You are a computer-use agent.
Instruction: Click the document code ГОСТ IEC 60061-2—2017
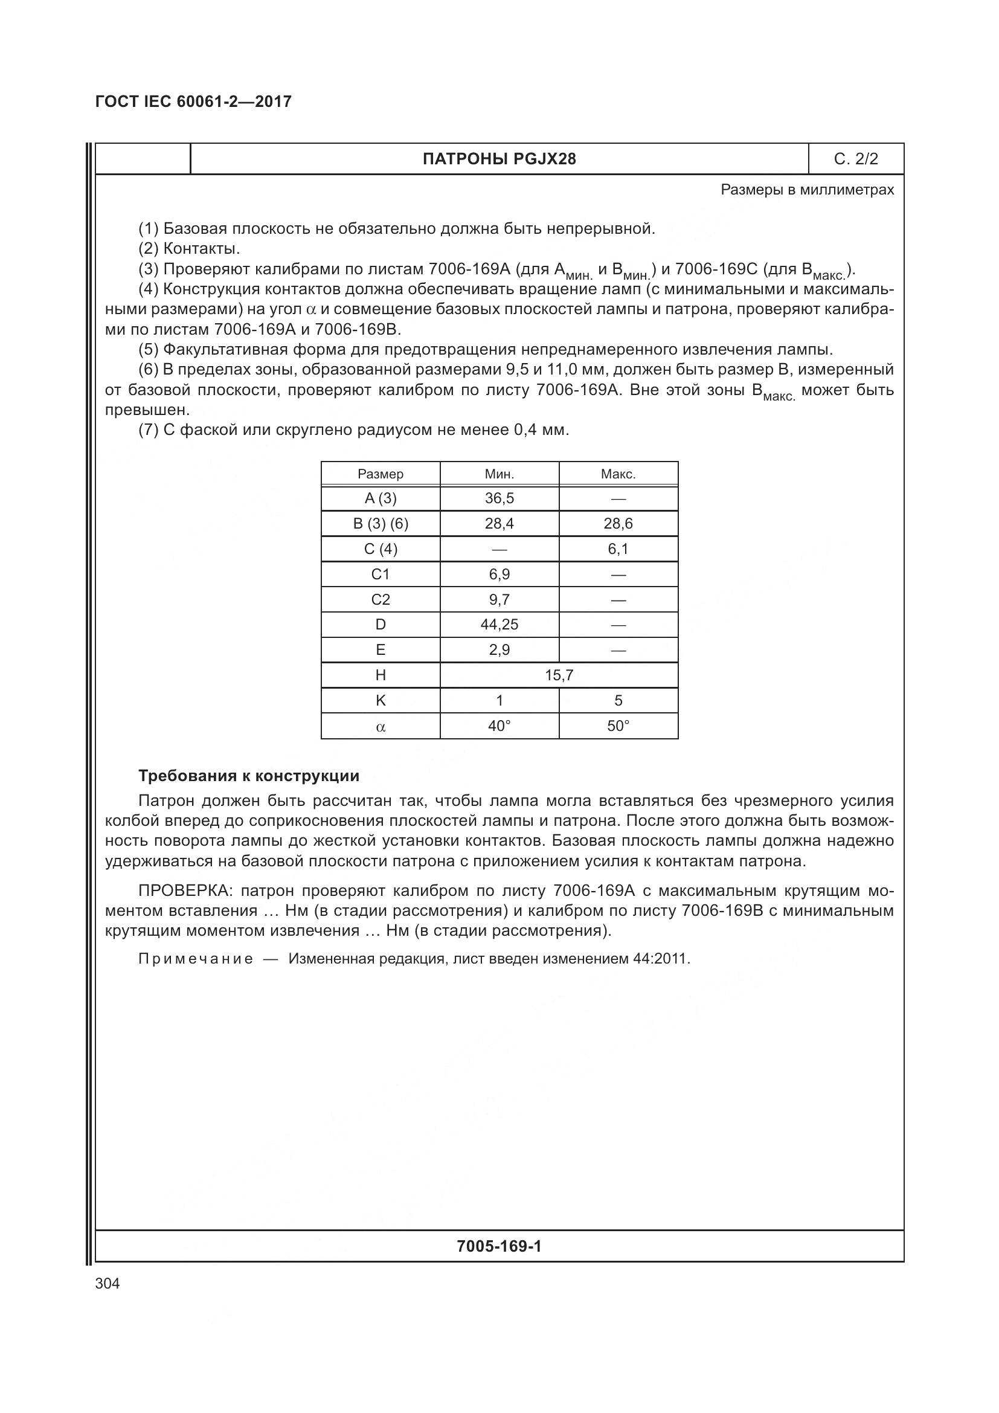pyautogui.click(x=193, y=101)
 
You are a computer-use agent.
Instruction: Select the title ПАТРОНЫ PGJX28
pyautogui.click(x=499, y=159)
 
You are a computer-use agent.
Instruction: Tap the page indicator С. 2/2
pyautogui.click(x=856, y=159)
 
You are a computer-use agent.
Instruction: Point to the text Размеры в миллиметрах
pyautogui.click(x=807, y=190)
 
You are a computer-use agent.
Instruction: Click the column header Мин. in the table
pyautogui.click(x=499, y=474)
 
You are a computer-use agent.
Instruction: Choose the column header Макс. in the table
pyautogui.click(x=618, y=474)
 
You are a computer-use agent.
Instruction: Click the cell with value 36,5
pyautogui.click(x=499, y=498)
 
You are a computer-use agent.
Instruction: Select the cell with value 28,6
pyautogui.click(x=618, y=524)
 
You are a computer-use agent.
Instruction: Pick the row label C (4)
pyautogui.click(x=380, y=549)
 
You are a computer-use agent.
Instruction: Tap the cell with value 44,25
pyautogui.click(x=499, y=625)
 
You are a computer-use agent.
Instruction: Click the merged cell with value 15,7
pyautogui.click(x=559, y=675)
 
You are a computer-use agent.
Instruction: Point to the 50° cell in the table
pyautogui.click(x=618, y=726)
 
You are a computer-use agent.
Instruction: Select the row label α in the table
pyautogui.click(x=380, y=727)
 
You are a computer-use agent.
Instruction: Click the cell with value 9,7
pyautogui.click(x=499, y=599)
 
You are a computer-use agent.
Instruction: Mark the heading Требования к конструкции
pyautogui.click(x=248, y=776)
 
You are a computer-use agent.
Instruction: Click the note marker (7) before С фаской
pyautogui.click(x=148, y=430)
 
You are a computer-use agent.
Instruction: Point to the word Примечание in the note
pyautogui.click(x=196, y=959)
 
